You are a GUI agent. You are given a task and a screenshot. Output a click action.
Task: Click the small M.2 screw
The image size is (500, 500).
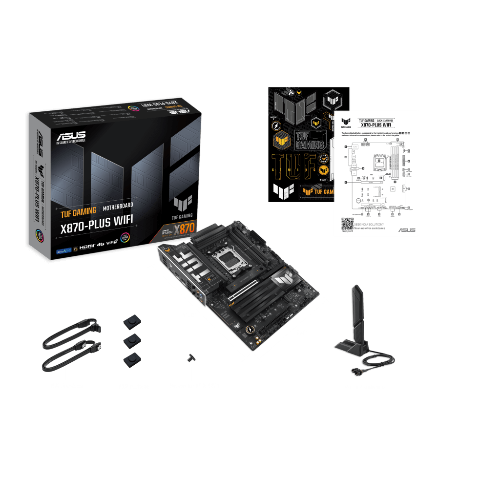[189, 358]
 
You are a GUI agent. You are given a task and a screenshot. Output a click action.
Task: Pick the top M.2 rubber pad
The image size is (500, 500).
[132, 321]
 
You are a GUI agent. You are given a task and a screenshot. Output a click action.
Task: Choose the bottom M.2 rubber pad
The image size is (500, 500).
[130, 360]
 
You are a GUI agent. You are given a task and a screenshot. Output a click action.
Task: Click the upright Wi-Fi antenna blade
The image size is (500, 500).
[355, 312]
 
